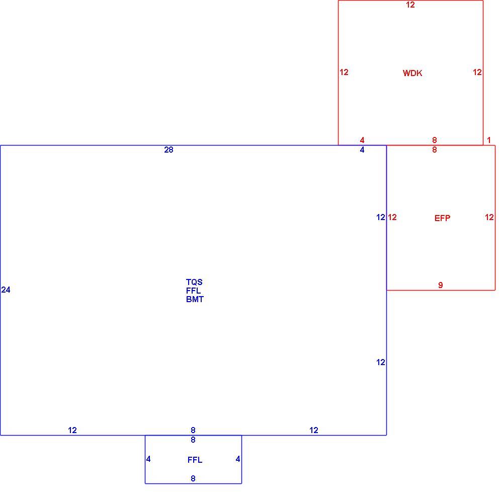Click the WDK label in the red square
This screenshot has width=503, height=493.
coord(412,73)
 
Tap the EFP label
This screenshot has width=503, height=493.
coord(442,218)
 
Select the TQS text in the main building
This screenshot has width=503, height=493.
coord(194,282)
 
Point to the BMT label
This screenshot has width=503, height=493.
coord(195,299)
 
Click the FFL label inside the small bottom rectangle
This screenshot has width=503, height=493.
coord(195,460)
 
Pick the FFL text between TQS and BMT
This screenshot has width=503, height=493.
coord(194,291)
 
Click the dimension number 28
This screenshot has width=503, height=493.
coord(169,150)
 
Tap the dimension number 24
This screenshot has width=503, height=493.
coord(6,290)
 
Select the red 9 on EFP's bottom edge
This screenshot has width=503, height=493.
coord(441,285)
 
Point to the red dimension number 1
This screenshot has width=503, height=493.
coord(489,140)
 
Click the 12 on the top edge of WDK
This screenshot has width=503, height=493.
coord(410,5)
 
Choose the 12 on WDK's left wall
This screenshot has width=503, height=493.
coord(344,73)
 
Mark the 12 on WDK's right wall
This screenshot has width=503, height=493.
coord(477,73)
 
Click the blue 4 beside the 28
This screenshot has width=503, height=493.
coord(362,150)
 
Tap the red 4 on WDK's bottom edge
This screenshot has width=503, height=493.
coord(362,140)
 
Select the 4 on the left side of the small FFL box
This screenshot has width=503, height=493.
coord(148,459)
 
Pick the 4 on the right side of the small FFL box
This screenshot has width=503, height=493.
coord(238,459)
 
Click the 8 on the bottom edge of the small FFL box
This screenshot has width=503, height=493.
coord(193,478)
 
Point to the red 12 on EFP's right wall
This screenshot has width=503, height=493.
coord(489,217)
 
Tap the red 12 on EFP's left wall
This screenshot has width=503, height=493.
coord(392,217)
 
